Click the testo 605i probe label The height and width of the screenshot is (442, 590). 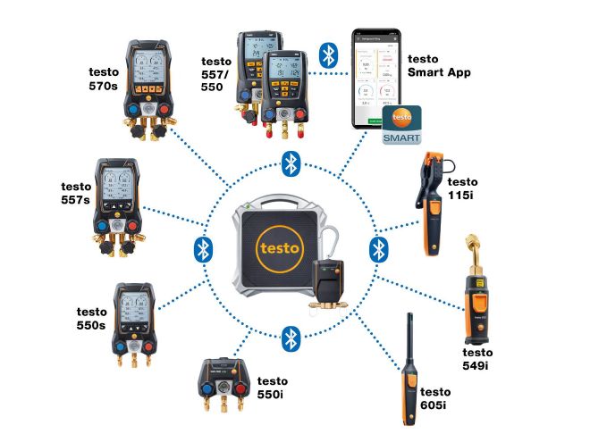(x=435, y=399)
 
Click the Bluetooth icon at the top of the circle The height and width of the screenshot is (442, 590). (x=290, y=163)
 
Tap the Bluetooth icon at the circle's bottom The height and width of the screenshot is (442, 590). (x=290, y=337)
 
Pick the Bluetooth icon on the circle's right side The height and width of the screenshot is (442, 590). (x=377, y=247)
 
